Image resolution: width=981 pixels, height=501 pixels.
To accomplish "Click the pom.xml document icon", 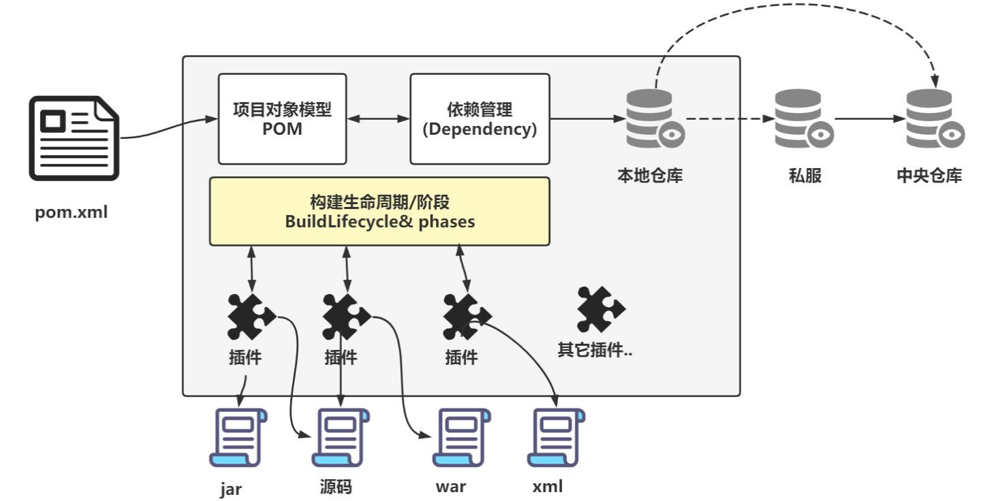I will click(x=74, y=138).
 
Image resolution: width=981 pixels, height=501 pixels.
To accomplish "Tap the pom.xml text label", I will click(x=72, y=213).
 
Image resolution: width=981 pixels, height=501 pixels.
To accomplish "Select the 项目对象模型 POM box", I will click(x=282, y=119).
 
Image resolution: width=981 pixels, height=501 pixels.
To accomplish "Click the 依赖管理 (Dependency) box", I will click(x=480, y=119).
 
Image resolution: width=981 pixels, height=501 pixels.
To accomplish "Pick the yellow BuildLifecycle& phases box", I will click(x=379, y=211).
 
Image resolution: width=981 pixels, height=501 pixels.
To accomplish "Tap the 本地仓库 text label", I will click(x=650, y=176).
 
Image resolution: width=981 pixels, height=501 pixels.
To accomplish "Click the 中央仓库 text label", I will click(x=929, y=176).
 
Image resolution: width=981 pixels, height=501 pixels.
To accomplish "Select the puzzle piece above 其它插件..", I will click(x=599, y=310).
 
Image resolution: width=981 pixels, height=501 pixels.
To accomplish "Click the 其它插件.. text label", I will click(x=595, y=351).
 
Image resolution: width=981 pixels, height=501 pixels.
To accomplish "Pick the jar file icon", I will click(x=238, y=438).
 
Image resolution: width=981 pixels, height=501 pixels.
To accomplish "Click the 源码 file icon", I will click(x=340, y=438).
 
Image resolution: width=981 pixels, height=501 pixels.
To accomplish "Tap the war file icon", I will click(x=461, y=438).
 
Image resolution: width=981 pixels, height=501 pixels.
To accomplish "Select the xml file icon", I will click(x=556, y=438).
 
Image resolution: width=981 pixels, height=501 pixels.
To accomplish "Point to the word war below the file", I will click(x=450, y=487).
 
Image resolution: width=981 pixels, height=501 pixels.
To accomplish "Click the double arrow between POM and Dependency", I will click(x=378, y=119).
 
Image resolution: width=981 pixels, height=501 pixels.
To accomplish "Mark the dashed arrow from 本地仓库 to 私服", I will click(x=729, y=119).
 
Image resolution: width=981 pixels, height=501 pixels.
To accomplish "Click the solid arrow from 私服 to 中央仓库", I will click(x=869, y=119).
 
